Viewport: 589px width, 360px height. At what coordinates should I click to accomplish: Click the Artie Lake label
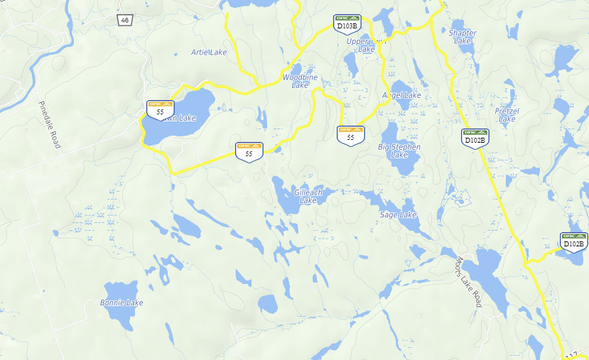click(x=209, y=53)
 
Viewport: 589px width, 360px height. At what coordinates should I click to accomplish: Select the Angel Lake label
click(x=402, y=95)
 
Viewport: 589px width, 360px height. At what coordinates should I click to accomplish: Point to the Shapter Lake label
click(x=463, y=37)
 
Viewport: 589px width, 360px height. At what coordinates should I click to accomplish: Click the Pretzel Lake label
click(x=507, y=115)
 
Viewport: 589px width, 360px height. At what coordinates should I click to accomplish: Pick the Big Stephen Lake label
click(x=399, y=151)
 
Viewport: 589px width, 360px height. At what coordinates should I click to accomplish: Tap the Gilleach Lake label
click(x=308, y=197)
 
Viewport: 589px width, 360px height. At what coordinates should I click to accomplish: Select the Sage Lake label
click(x=398, y=214)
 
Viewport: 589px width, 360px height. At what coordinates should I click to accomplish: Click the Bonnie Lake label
click(x=121, y=302)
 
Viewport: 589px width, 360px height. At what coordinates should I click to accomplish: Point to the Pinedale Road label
click(x=50, y=124)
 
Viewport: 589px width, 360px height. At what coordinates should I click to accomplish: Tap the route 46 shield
click(x=125, y=20)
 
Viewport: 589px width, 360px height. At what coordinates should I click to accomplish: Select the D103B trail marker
click(x=347, y=23)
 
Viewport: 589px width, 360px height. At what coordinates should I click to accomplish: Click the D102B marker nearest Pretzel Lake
click(x=475, y=137)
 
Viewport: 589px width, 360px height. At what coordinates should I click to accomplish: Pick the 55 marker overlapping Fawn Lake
click(x=161, y=109)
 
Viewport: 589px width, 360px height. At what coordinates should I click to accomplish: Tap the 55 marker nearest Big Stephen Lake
click(x=350, y=134)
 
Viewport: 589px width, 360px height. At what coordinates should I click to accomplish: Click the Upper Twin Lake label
click(x=366, y=45)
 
